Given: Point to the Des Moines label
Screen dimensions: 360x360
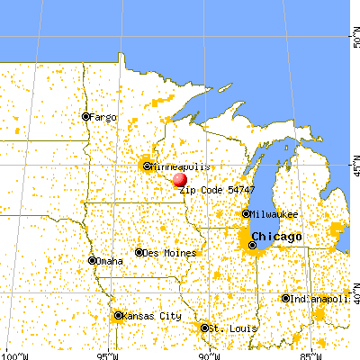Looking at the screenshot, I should pyautogui.click(x=168, y=253).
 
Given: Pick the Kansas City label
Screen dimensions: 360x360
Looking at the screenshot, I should pyautogui.click(x=148, y=317).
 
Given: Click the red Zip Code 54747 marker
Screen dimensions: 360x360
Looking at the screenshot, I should pyautogui.click(x=180, y=180).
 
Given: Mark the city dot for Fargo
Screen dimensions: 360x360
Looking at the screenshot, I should pyautogui.click(x=86, y=116).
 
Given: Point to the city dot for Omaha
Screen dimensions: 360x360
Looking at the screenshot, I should pyautogui.click(x=93, y=260).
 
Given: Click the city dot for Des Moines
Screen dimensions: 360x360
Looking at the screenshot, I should pyautogui.click(x=139, y=253).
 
